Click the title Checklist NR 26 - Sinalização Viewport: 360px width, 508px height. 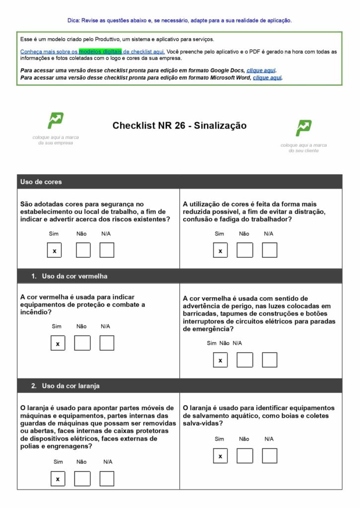[179, 126]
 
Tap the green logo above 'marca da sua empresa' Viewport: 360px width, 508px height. [55, 120]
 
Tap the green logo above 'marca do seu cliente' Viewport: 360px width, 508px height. [303, 127]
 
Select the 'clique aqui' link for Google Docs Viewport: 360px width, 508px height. [261, 70]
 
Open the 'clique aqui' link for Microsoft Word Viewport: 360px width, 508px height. [267, 77]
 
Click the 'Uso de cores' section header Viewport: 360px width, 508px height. [41, 182]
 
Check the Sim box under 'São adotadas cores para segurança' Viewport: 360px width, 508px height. [54, 251]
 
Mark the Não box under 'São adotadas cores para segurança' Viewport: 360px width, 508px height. [83, 251]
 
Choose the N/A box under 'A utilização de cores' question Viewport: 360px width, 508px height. [269, 251]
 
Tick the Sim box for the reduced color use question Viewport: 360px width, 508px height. [220, 251]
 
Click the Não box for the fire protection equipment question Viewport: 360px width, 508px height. [82, 343]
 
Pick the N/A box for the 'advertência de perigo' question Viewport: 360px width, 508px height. [269, 360]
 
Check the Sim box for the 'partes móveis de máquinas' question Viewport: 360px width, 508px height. [58, 479]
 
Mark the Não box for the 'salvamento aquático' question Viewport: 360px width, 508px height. [244, 455]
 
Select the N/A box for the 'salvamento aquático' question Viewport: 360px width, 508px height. [269, 455]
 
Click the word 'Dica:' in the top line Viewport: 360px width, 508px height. [73, 20]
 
